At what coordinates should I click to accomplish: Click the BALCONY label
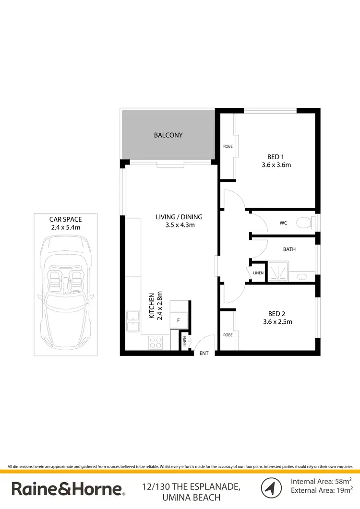[168, 135]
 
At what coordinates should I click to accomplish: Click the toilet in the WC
[303, 223]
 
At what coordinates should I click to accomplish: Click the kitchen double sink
[133, 321]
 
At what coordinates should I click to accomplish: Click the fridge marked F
[179, 320]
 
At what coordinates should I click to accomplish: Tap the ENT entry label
[204, 354]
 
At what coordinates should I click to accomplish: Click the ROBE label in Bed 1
[228, 146]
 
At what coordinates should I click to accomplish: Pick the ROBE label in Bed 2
[228, 335]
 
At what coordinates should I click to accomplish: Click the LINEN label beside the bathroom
[258, 273]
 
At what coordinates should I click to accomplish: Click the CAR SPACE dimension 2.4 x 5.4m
[66, 227]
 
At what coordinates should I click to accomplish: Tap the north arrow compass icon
[271, 488]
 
